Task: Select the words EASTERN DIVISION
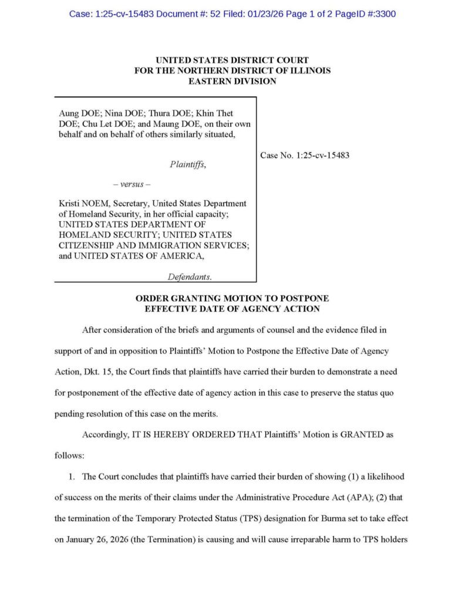click(x=232, y=81)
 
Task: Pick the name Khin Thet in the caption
click(x=220, y=113)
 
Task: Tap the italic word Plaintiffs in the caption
click(x=188, y=165)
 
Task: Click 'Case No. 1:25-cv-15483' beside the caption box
click(x=305, y=156)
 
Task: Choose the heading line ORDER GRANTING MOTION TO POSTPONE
click(x=232, y=299)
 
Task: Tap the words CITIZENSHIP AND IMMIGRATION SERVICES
click(x=151, y=245)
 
